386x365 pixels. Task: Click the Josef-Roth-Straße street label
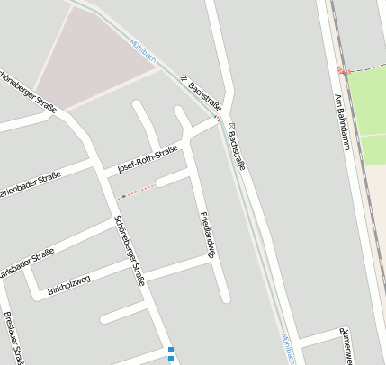click(x=148, y=161)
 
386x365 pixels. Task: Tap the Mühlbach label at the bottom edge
click(x=288, y=348)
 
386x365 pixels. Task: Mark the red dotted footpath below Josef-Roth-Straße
click(x=139, y=191)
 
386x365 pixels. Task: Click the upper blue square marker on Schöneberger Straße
click(x=171, y=349)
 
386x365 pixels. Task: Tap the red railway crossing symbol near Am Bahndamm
click(x=340, y=70)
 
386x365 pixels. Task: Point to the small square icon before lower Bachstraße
click(x=231, y=126)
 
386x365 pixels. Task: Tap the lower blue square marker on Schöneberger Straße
click(x=171, y=359)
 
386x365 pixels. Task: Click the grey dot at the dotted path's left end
click(x=123, y=195)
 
